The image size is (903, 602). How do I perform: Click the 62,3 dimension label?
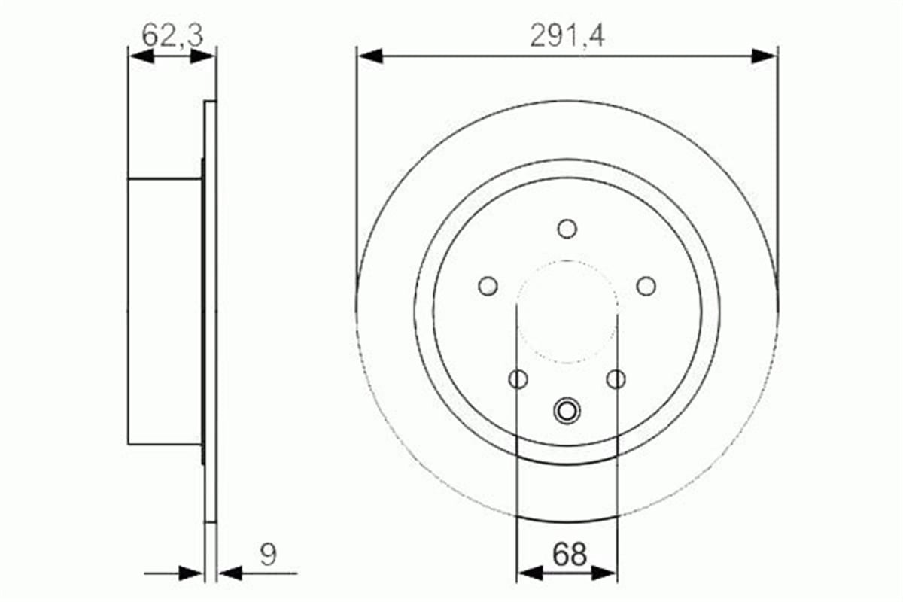point(172,35)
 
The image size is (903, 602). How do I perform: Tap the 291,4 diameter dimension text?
point(567,35)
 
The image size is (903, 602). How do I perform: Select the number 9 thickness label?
point(269,555)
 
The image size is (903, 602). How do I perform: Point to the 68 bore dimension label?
point(569,555)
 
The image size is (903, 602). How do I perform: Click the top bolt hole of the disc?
point(567,229)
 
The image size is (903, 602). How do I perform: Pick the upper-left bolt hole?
point(488,286)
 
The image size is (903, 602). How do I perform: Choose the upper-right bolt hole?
point(646,286)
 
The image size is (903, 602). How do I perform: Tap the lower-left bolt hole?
point(518,379)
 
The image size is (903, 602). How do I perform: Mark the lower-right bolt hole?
point(616,379)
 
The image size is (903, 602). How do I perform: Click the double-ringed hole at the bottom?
point(567,411)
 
